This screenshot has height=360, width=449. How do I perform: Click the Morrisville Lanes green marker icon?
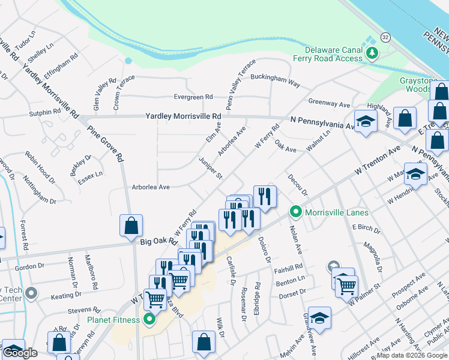tap(295, 212)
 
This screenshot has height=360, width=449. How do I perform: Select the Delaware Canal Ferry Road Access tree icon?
tap(373, 53)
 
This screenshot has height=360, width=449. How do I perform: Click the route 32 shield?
tap(385, 37)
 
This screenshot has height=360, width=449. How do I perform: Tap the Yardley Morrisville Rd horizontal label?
tap(183, 116)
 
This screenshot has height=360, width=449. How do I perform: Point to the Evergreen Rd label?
tap(193, 97)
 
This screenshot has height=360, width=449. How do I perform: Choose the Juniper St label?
tap(210, 169)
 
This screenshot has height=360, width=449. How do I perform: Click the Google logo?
tap(20, 352)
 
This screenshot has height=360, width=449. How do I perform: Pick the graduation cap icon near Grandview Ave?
tap(320, 318)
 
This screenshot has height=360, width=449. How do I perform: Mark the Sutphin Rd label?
tap(45, 112)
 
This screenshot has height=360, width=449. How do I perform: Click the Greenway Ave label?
tap(329, 104)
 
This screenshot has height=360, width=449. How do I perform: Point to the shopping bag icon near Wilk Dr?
tap(203, 341)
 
